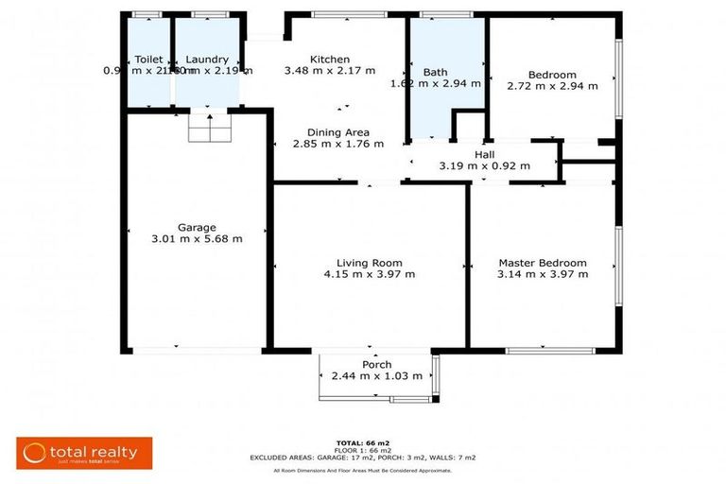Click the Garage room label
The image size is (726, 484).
point(197,227)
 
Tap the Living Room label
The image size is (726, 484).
point(369,263)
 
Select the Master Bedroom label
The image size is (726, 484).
point(543,263)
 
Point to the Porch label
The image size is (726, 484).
point(376,365)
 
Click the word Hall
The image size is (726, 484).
point(484,154)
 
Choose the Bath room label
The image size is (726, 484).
point(435,72)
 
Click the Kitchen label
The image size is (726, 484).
point(330,59)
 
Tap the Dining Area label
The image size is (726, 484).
point(337,132)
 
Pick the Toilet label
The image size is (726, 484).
point(148,59)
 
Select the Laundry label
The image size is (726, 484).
point(206,59)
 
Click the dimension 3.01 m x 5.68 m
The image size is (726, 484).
point(197,239)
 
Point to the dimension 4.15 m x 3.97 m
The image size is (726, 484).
point(369,274)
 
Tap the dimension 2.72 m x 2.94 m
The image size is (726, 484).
point(552,86)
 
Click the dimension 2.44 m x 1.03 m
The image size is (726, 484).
point(376,376)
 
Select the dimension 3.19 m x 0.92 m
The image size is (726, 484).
point(484,165)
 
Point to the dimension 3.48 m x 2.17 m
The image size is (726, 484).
point(330,70)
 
